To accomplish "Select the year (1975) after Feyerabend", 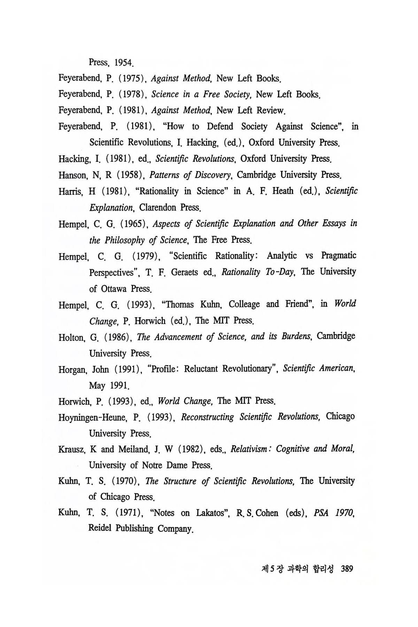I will click(x=131, y=78).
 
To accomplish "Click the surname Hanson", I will click(x=72, y=175).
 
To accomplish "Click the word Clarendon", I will click(x=157, y=208).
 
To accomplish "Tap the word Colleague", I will click(x=244, y=304).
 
